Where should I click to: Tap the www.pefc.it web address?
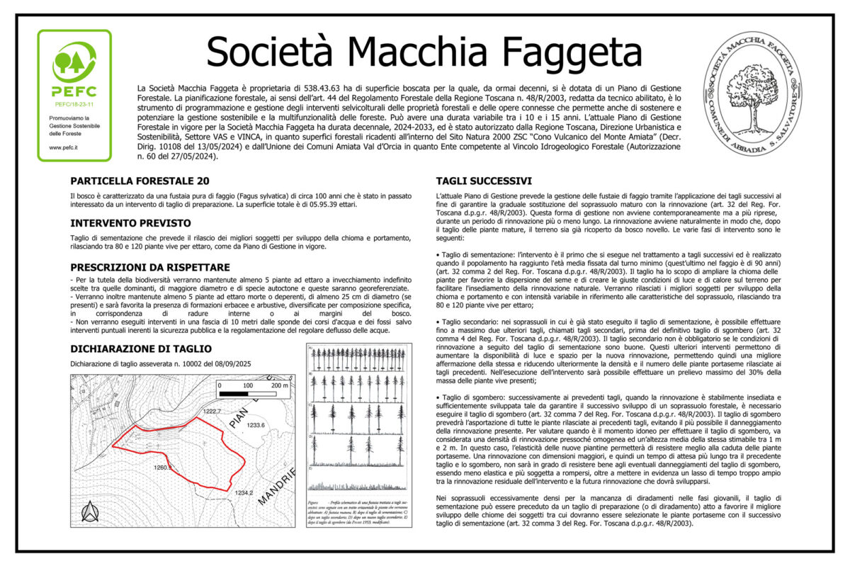coord(63,147)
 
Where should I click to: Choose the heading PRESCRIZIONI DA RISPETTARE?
coord(150,267)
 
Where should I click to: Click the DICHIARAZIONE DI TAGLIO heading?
coord(141,349)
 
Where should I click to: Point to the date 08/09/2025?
coord(232,364)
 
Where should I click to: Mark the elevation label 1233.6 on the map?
coord(256,425)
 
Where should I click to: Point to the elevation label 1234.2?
coord(244,493)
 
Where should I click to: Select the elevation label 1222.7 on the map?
coord(212,411)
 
